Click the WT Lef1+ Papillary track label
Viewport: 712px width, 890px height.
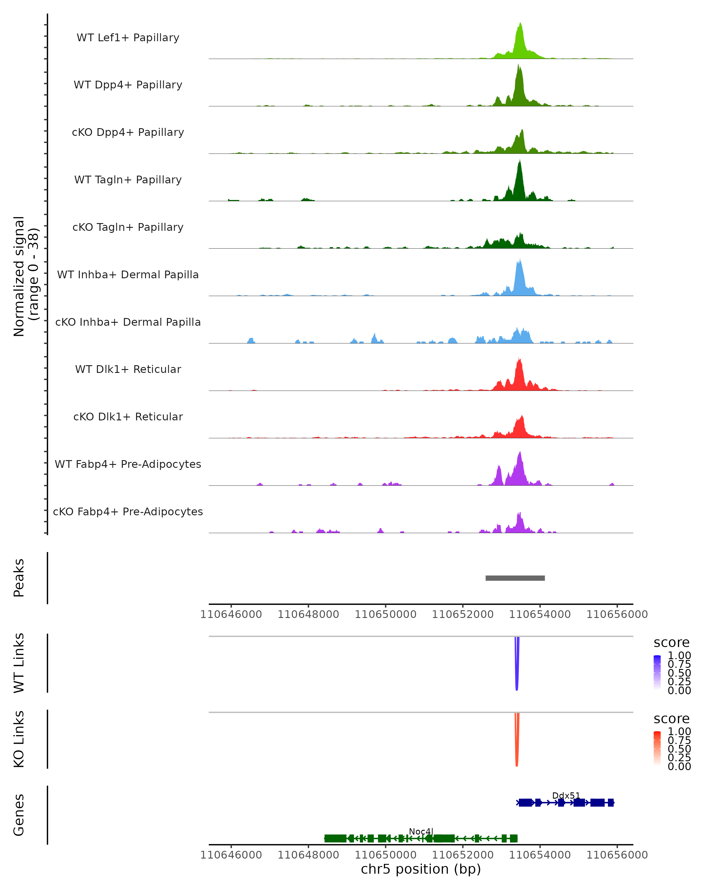(128, 38)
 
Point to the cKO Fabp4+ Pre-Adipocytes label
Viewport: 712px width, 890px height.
(128, 511)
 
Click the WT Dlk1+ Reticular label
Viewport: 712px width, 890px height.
(128, 369)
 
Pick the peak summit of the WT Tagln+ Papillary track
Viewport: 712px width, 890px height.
(520, 162)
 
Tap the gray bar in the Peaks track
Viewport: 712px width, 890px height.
(515, 578)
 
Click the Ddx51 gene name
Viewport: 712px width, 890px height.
(566, 795)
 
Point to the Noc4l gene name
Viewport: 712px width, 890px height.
(421, 831)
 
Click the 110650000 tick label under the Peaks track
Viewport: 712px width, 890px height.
(385, 615)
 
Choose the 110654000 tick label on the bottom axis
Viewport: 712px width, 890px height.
(540, 855)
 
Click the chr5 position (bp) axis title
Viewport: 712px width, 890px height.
(421, 869)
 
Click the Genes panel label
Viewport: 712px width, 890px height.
(19, 815)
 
